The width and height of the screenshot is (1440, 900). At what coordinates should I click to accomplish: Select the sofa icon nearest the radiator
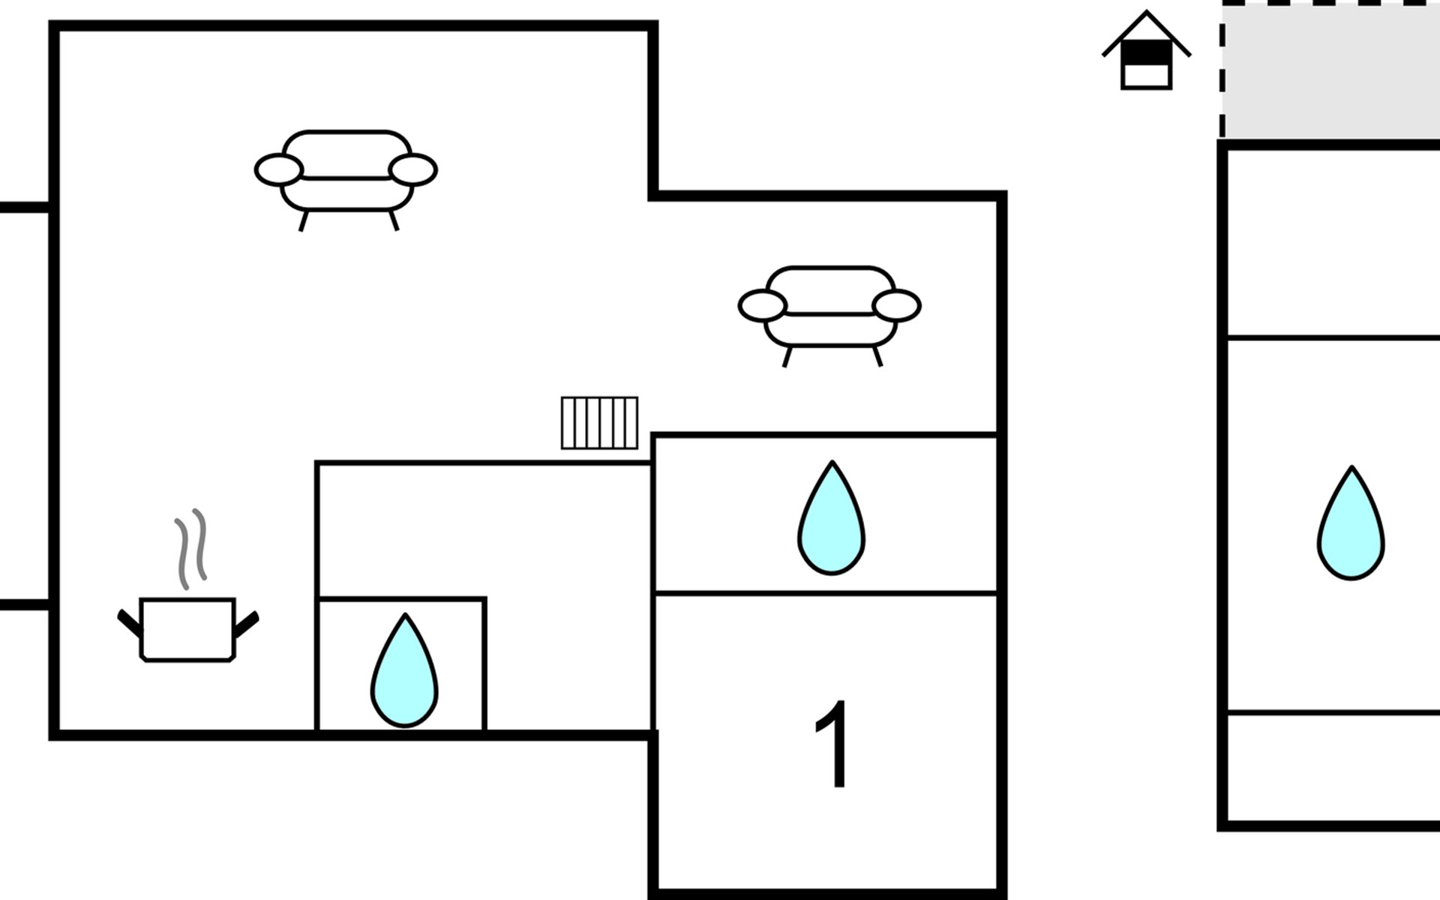[x=829, y=307]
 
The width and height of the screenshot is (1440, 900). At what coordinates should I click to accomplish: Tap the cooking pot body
[x=187, y=629]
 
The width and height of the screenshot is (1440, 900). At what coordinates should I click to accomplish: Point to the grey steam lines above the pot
[x=190, y=547]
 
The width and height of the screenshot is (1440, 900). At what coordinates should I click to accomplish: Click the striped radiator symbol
[x=599, y=423]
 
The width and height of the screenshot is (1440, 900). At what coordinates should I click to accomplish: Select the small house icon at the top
[x=1146, y=52]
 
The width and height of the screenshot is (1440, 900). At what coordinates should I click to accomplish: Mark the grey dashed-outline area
[x=1332, y=71]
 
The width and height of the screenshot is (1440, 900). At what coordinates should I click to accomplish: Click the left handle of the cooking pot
[x=129, y=622]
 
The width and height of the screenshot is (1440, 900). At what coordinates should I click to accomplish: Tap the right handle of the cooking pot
[x=247, y=623]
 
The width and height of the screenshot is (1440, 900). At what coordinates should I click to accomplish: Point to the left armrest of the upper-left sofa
[x=278, y=169]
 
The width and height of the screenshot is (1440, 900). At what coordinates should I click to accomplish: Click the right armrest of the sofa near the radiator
[x=896, y=306]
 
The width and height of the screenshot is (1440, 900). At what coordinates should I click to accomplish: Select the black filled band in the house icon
[x=1146, y=52]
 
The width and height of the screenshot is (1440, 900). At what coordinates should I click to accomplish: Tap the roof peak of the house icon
[x=1146, y=13]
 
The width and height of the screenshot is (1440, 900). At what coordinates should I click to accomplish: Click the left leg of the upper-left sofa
[x=304, y=220]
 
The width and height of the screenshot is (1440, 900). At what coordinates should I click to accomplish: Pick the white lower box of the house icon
[x=1146, y=75]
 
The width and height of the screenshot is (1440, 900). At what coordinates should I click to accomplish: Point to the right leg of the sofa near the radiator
[x=877, y=356]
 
